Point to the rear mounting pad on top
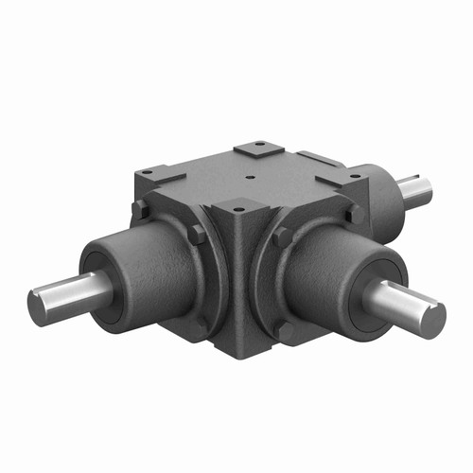[x=256, y=148]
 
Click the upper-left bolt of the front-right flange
[x=281, y=236]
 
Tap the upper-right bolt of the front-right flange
[x=355, y=214]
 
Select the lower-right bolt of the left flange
[x=201, y=322]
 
